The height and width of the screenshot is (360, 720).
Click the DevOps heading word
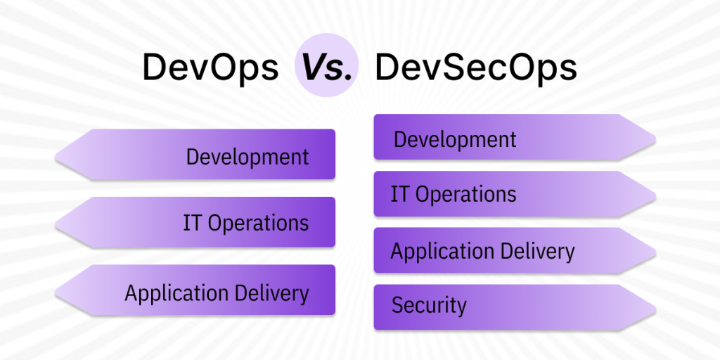tap(210, 68)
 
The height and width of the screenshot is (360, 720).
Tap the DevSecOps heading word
tap(476, 68)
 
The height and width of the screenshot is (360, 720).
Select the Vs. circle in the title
tap(327, 68)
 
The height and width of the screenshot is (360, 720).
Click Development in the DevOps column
tap(247, 156)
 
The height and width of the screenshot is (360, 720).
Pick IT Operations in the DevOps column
tap(245, 223)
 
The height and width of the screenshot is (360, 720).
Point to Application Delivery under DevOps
tap(217, 292)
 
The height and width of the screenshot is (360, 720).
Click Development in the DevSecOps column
tap(455, 139)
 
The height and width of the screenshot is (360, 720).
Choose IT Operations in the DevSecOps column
tap(454, 194)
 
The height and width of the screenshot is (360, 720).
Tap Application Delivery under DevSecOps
tap(482, 251)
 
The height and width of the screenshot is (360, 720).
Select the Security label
tap(429, 306)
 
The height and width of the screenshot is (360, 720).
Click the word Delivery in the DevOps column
tap(274, 292)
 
